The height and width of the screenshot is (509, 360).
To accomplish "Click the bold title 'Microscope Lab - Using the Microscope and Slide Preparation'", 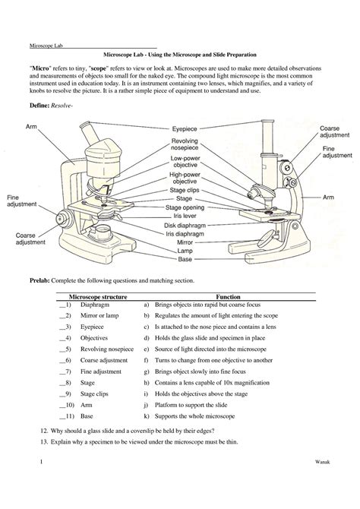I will (180, 56).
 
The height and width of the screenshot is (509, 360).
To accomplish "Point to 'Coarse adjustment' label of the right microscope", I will (334, 133).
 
